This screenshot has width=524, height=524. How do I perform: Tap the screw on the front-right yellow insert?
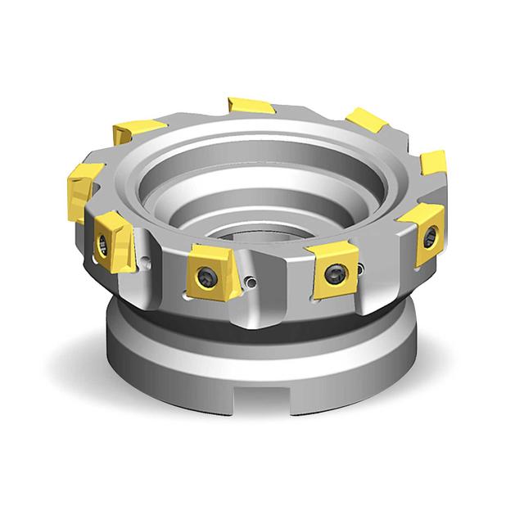click(332, 274)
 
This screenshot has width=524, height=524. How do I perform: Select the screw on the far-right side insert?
click(430, 237)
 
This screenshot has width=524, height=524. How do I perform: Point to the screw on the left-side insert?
click(103, 242)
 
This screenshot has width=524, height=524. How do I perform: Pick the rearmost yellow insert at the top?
click(251, 105)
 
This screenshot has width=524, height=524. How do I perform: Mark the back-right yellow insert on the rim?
click(366, 120)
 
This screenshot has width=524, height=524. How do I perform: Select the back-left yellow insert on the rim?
click(139, 130)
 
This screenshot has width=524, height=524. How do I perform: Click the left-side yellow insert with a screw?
click(110, 239)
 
